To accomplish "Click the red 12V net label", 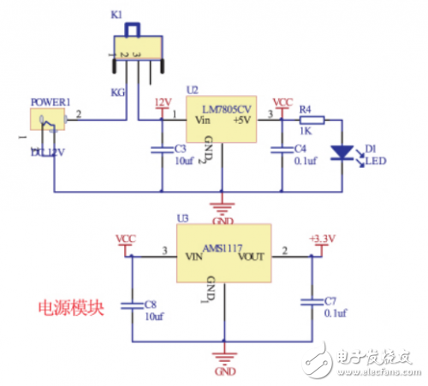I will (162, 103).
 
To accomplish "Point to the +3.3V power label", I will (321, 238).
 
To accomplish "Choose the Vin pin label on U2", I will (204, 120).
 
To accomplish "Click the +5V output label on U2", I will (243, 120).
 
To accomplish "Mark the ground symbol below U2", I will (222, 208).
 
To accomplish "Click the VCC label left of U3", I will (126, 238).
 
